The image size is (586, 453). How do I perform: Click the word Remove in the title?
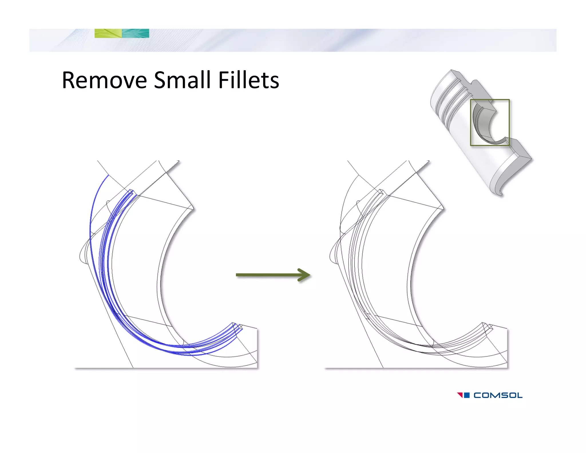(x=104, y=80)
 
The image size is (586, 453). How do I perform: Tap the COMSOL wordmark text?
(x=498, y=395)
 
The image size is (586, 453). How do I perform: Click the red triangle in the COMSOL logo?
(x=460, y=395)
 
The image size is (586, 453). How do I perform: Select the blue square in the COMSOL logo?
(x=466, y=395)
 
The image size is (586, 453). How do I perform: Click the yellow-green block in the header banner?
(x=108, y=33)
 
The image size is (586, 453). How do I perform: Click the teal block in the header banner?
(x=135, y=33)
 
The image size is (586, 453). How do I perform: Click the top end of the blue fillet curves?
(x=131, y=191)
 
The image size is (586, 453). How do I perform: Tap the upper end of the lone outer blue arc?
(x=108, y=175)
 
